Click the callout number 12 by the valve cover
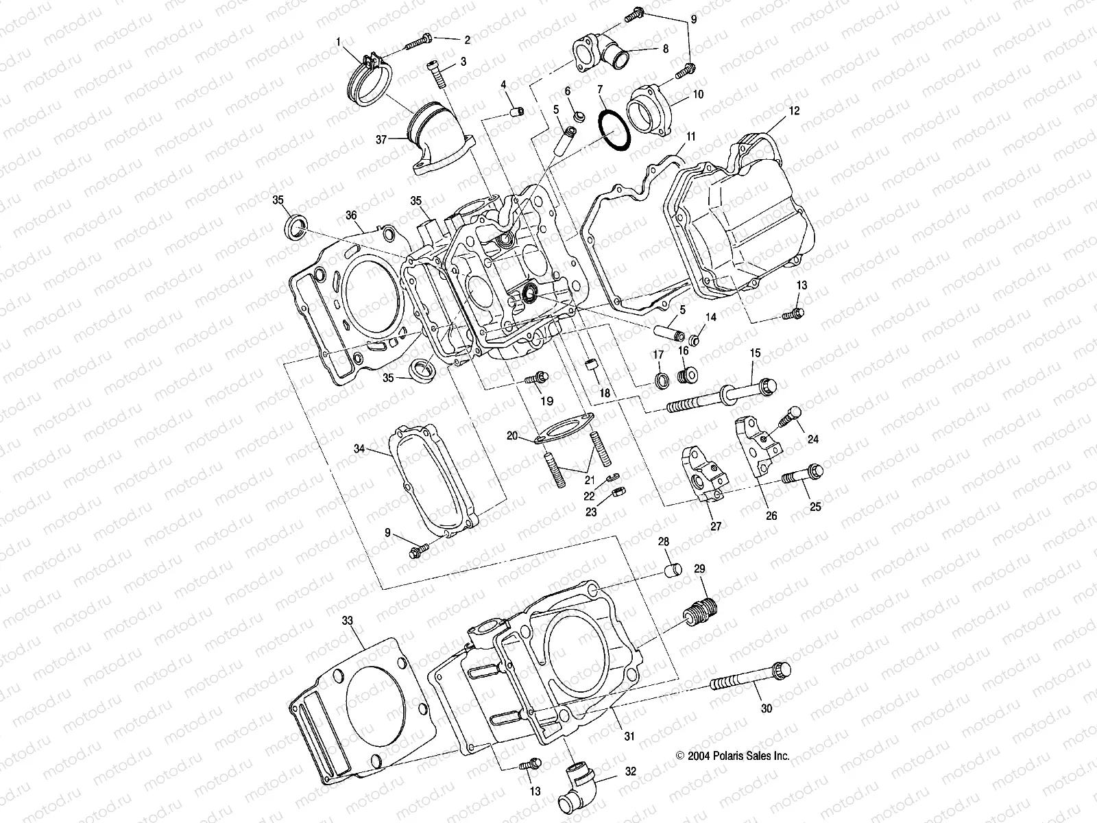794,110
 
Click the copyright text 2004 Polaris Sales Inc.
732,756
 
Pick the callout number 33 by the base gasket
348,620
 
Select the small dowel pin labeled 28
673,573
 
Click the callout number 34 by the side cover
359,449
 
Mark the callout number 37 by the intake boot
381,139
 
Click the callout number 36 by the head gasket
351,215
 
